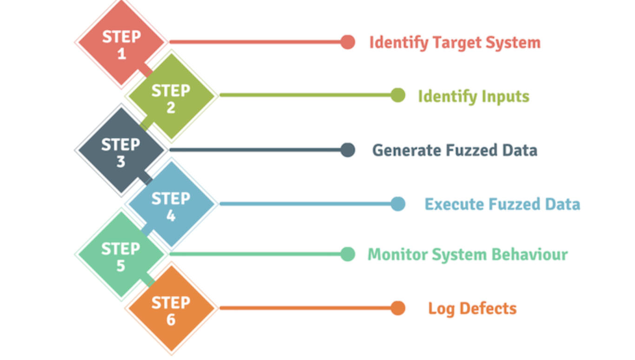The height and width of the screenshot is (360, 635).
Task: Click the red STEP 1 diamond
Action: [121, 43]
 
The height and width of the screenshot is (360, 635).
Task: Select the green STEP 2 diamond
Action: [171, 96]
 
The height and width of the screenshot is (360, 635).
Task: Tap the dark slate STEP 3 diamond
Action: [121, 151]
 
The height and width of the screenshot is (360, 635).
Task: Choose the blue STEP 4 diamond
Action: [171, 205]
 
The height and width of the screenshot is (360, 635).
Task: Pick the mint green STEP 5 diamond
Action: [121, 255]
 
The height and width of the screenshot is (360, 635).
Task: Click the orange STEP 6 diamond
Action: [171, 309]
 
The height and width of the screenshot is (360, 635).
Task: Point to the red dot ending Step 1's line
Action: [347, 42]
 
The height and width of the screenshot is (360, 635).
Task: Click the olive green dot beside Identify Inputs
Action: [397, 95]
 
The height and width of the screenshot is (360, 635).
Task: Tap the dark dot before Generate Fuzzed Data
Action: [347, 150]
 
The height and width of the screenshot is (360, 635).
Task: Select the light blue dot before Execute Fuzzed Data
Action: [397, 204]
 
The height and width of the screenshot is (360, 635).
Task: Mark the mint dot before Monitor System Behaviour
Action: [347, 254]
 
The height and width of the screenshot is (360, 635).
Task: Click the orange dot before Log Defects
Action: [397, 308]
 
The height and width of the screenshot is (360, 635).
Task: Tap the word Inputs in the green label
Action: [505, 97]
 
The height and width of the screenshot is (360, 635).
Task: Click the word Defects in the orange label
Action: [488, 309]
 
